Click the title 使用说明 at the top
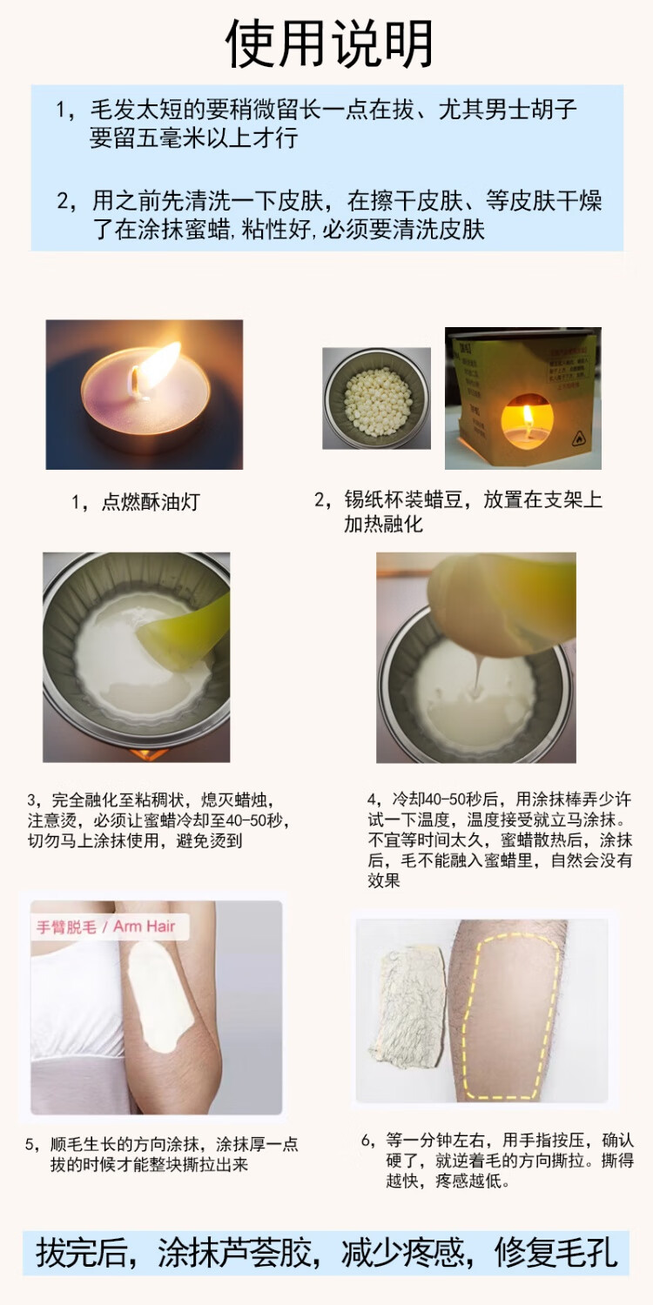point(329,43)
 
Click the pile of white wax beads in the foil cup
point(377,397)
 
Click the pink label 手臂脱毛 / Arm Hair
point(105,927)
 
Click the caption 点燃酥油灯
point(151,502)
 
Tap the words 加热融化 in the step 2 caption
point(383,524)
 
